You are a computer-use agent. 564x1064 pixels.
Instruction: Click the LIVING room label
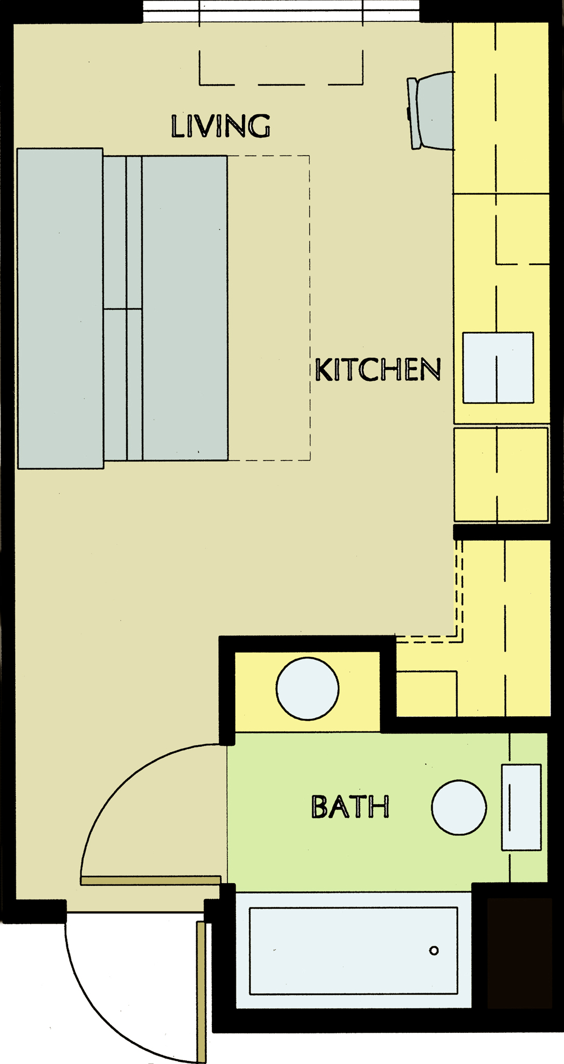tap(221, 126)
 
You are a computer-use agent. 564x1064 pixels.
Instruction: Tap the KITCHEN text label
tap(378, 369)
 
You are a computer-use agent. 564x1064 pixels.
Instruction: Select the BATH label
tap(350, 807)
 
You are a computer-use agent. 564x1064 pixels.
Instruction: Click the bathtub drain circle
tap(434, 951)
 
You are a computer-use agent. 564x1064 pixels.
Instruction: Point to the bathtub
tap(354, 951)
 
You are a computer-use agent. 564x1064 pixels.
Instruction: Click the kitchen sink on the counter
tap(498, 367)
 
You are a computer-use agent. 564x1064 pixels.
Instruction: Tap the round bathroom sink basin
tap(459, 807)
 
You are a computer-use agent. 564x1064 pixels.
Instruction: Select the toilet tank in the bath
tap(521, 807)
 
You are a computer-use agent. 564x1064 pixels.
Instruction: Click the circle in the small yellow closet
tap(307, 689)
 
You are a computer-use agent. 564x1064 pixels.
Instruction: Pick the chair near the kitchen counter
tap(431, 111)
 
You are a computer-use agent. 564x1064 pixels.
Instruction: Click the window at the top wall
tap(281, 10)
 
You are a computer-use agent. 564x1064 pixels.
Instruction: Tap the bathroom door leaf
tap(151, 880)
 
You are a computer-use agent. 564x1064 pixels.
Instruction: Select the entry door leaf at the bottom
tap(202, 992)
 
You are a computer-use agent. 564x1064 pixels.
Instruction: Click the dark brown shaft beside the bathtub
tap(519, 953)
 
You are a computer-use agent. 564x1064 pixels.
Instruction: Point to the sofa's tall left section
tap(60, 309)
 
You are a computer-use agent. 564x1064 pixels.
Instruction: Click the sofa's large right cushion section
tap(185, 308)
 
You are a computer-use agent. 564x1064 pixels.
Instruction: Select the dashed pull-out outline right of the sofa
tap(269, 308)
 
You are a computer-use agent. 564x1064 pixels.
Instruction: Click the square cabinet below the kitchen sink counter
tap(501, 474)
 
